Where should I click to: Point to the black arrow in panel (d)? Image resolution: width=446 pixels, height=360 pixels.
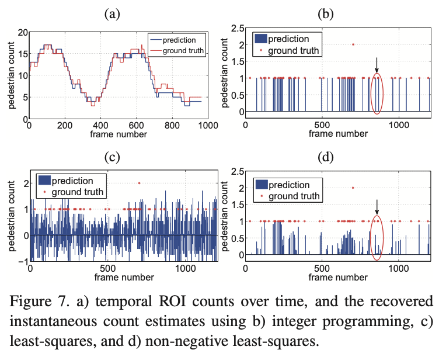coord(377,206)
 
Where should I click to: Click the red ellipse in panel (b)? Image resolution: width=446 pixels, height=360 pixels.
coord(377,94)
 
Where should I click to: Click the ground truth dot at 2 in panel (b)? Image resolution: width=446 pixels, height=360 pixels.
coord(353,44)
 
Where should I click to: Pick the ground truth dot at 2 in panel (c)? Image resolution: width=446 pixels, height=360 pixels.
coord(138,183)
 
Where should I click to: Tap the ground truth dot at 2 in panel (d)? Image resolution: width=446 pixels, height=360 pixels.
coord(353,188)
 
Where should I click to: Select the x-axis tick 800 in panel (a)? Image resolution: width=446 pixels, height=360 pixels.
coord(172,124)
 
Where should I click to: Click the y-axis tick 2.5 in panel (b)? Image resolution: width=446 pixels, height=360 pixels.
coord(235,27)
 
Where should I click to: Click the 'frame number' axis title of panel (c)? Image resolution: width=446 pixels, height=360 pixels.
coord(123,277)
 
